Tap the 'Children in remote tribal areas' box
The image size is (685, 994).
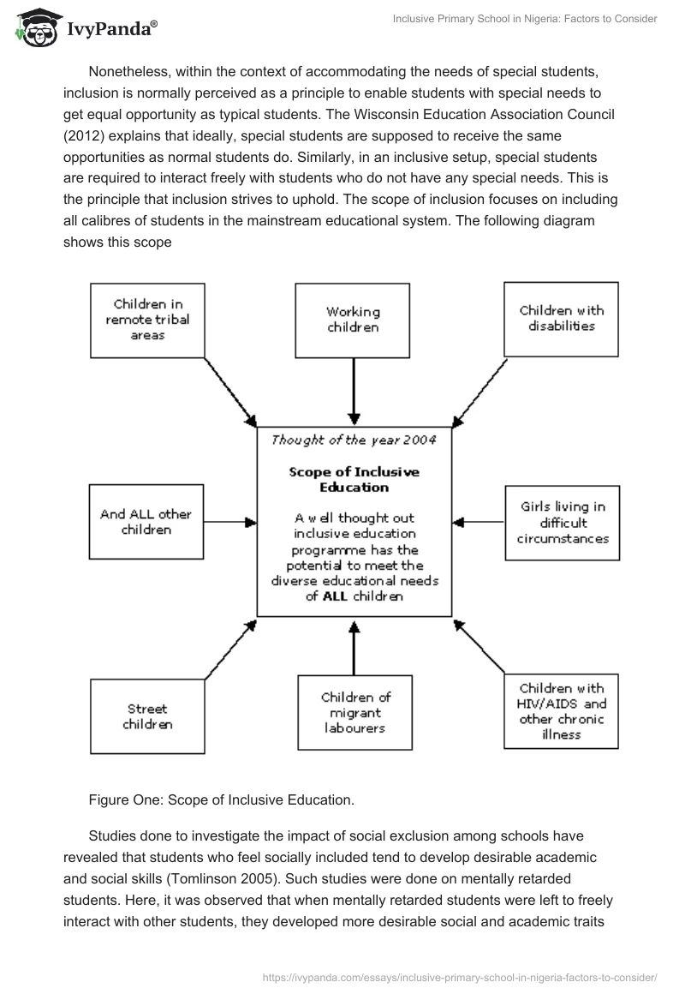click(147, 320)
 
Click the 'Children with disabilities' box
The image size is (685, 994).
click(561, 318)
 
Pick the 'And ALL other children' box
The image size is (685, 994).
click(146, 522)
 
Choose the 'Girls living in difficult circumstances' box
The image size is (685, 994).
click(563, 522)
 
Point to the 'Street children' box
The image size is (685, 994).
click(147, 716)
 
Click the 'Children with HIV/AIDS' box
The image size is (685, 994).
click(561, 711)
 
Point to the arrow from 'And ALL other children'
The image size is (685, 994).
click(230, 521)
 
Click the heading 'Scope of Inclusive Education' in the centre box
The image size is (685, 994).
click(354, 479)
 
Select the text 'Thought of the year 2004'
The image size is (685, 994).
click(354, 440)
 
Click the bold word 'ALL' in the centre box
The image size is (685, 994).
click(337, 596)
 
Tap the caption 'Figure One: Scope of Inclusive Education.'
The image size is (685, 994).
click(221, 800)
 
